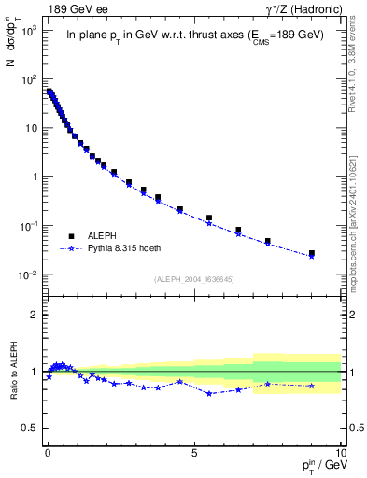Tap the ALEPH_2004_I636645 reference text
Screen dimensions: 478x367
[193, 279]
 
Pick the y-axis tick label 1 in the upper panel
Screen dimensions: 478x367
[35, 176]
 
